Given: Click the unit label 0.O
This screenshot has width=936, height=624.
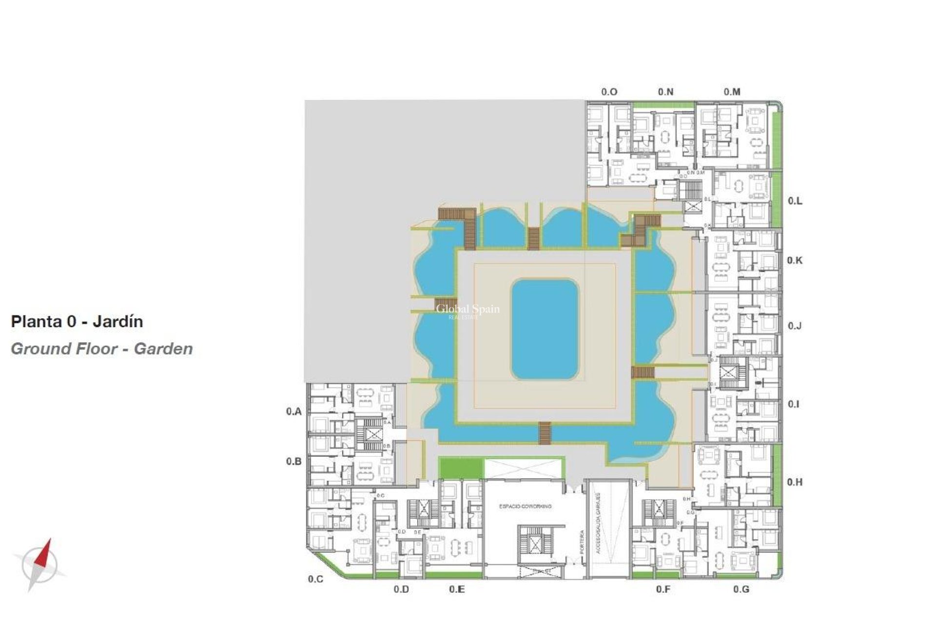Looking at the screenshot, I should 609,92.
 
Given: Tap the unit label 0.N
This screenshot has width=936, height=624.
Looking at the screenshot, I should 665,92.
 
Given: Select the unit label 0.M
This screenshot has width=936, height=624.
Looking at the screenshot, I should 732,92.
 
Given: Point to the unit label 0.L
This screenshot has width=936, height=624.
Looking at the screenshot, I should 795,201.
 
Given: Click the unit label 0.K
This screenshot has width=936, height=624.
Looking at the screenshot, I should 795,260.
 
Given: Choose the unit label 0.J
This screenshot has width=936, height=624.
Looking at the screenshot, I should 795,326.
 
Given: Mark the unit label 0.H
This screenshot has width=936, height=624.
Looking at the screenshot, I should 795,482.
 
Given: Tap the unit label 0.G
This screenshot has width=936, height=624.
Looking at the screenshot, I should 741,589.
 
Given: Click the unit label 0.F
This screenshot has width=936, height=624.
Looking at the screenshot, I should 663,589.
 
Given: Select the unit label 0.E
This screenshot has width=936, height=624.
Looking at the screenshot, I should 457,589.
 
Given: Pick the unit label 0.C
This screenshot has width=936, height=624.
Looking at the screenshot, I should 315,579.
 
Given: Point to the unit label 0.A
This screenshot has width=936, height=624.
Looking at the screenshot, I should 293,411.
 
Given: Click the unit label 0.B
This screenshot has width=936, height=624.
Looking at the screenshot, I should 293,461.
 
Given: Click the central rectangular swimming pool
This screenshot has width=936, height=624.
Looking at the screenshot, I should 545,330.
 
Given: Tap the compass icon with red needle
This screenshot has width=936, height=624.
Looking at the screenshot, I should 39,565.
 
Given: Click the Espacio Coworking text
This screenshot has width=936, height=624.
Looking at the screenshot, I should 525,507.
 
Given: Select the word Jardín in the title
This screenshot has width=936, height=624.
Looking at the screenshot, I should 117,322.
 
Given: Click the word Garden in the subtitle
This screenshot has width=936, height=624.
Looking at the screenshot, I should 163,349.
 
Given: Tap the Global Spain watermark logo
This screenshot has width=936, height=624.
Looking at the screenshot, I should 468,310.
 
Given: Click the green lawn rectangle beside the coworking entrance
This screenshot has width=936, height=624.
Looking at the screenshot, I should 461,468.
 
